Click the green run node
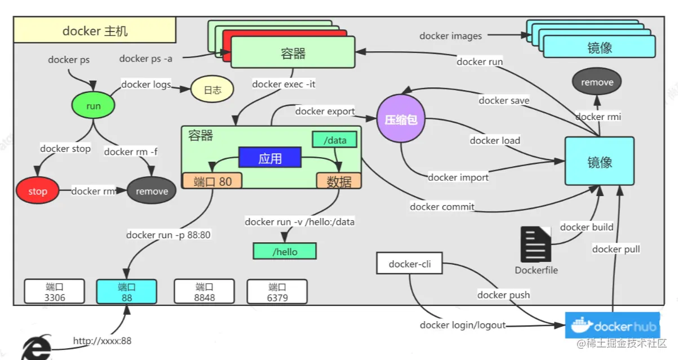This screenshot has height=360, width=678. tap(94, 106)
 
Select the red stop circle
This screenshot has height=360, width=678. tap(38, 191)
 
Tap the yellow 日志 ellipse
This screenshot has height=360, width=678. tap(212, 90)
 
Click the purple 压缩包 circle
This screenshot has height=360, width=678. tap(401, 119)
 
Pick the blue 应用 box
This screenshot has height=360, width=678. tap(269, 158)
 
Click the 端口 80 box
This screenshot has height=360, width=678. tap(212, 181)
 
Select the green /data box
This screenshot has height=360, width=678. tap(335, 140)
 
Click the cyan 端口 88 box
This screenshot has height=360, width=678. tap(126, 292)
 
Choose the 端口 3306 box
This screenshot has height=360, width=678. tap(54, 292)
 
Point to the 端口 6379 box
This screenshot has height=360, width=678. tap(277, 292)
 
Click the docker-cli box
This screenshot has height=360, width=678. tap(410, 264)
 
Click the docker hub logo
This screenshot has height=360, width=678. tap(612, 326)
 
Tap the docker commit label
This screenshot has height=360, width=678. tap(442, 207)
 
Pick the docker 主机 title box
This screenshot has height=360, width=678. tap(95, 30)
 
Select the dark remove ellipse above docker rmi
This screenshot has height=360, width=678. tap(597, 82)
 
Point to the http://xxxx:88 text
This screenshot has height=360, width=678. tap(102, 341)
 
